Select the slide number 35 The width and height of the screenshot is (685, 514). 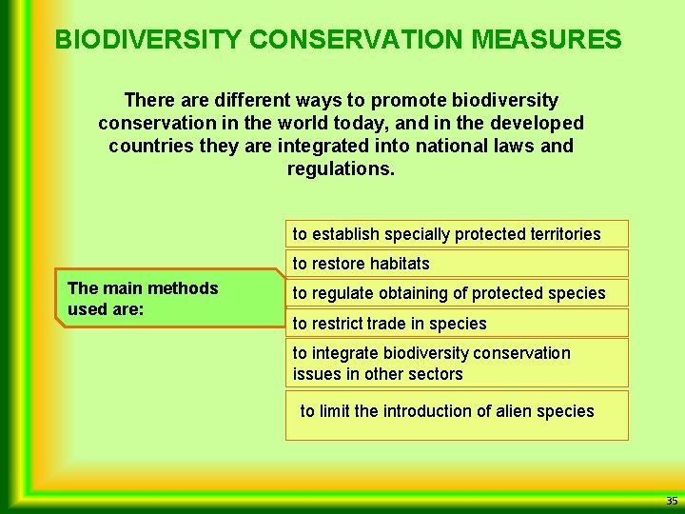pos(672,501)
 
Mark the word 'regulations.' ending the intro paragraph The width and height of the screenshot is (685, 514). pos(341,168)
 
